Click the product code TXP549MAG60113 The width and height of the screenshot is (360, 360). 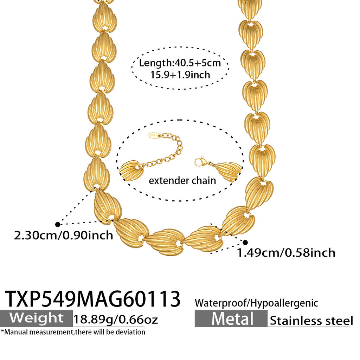(92, 299)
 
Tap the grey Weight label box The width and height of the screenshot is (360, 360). (36, 319)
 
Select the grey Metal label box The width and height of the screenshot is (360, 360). (231, 319)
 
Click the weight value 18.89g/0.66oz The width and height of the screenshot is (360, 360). (115, 319)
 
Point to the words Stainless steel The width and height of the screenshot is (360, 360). (311, 321)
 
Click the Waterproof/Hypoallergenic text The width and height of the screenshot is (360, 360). (256, 303)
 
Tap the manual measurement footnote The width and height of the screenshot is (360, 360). (73, 332)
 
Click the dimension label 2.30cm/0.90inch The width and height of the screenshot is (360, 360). (64, 235)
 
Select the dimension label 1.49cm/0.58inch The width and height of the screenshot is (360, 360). (286, 253)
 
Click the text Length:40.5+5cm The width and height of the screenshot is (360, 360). (180, 63)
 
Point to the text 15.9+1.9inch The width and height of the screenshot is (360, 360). (180, 75)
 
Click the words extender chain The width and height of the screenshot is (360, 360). (182, 181)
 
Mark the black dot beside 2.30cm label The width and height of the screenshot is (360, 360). (58, 224)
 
